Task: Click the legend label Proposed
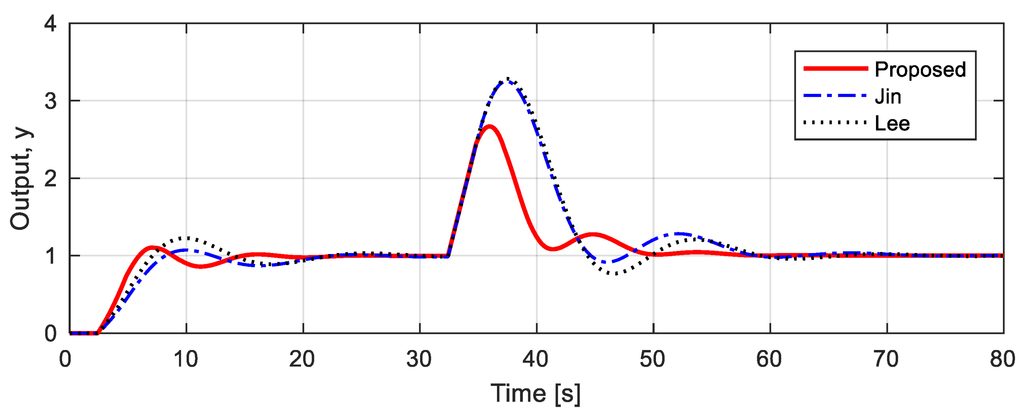920,70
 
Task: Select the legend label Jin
888,97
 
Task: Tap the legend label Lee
892,123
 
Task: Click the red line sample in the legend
836,69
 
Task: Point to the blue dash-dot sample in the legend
836,96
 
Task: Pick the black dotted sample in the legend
836,123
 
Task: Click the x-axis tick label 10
186,359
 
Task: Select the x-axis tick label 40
536,359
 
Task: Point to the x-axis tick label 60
769,359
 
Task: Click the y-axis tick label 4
50,24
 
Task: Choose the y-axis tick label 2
50,178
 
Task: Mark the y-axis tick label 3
50,101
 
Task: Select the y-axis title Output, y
21,178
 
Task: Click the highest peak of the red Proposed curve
490,127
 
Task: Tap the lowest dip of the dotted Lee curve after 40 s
614,274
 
